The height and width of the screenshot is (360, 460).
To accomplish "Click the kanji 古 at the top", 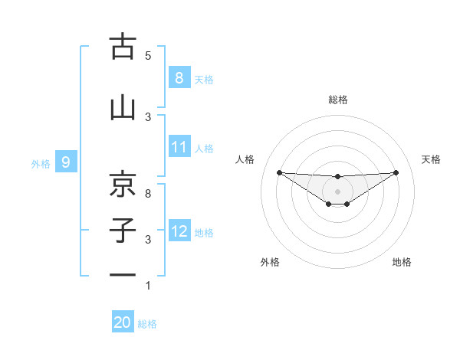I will [123, 47].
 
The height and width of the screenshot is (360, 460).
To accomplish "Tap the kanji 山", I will [123, 107].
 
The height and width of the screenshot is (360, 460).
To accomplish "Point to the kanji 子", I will [123, 230].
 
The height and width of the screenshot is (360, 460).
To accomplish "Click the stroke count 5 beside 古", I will [148, 56].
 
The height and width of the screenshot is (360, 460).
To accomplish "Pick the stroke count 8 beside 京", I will [148, 193].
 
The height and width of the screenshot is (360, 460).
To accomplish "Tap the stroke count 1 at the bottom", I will [148, 286].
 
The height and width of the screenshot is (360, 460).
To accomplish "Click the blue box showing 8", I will [179, 77].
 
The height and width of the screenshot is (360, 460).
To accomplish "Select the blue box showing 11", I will [179, 147].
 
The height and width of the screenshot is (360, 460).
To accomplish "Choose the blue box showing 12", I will [179, 231].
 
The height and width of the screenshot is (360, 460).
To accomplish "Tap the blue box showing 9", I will [66, 162].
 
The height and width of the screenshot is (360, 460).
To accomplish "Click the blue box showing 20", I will [123, 322].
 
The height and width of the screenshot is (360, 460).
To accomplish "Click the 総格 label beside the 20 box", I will [148, 324].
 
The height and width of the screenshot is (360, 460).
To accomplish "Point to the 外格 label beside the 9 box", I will [41, 163].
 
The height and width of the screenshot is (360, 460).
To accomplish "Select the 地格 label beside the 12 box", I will [204, 232].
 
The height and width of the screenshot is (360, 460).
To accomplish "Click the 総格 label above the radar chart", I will [338, 100].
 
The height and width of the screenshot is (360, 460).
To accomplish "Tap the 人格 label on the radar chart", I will [245, 159].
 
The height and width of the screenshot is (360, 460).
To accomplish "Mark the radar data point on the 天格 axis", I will [396, 173].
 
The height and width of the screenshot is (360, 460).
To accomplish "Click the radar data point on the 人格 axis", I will [279, 172].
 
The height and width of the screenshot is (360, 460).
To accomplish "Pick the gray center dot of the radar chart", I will [338, 191].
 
